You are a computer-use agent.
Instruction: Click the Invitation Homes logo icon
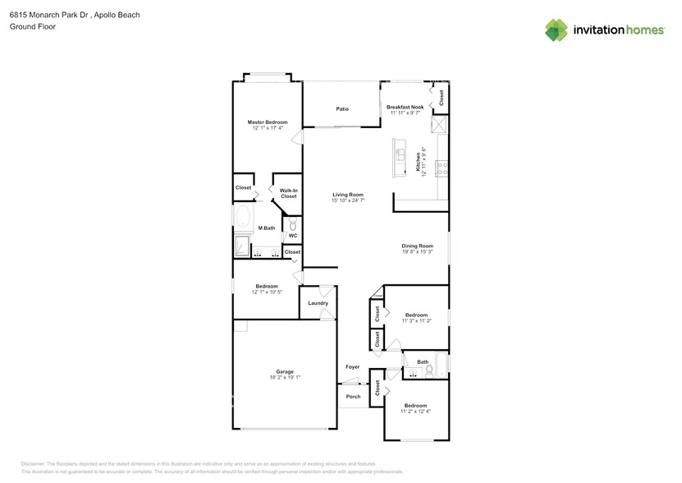(556, 30)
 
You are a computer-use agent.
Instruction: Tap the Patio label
(342, 108)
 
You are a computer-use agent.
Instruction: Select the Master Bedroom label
(268, 122)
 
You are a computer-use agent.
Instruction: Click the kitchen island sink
(401, 154)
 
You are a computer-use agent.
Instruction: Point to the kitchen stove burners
(442, 168)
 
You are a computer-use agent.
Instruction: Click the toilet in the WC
(293, 223)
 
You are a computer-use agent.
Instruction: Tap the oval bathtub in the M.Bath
(243, 218)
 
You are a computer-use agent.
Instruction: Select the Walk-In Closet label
(288, 193)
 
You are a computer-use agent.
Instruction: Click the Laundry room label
(318, 303)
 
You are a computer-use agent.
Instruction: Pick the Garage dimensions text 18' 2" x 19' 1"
(285, 377)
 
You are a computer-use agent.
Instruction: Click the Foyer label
(352, 367)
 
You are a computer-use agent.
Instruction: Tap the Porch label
(353, 397)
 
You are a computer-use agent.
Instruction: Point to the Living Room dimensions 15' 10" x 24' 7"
(348, 200)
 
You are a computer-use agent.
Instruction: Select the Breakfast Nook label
(405, 107)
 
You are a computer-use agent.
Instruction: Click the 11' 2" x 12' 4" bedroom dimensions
(415, 411)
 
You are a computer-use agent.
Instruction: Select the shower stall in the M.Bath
(242, 247)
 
